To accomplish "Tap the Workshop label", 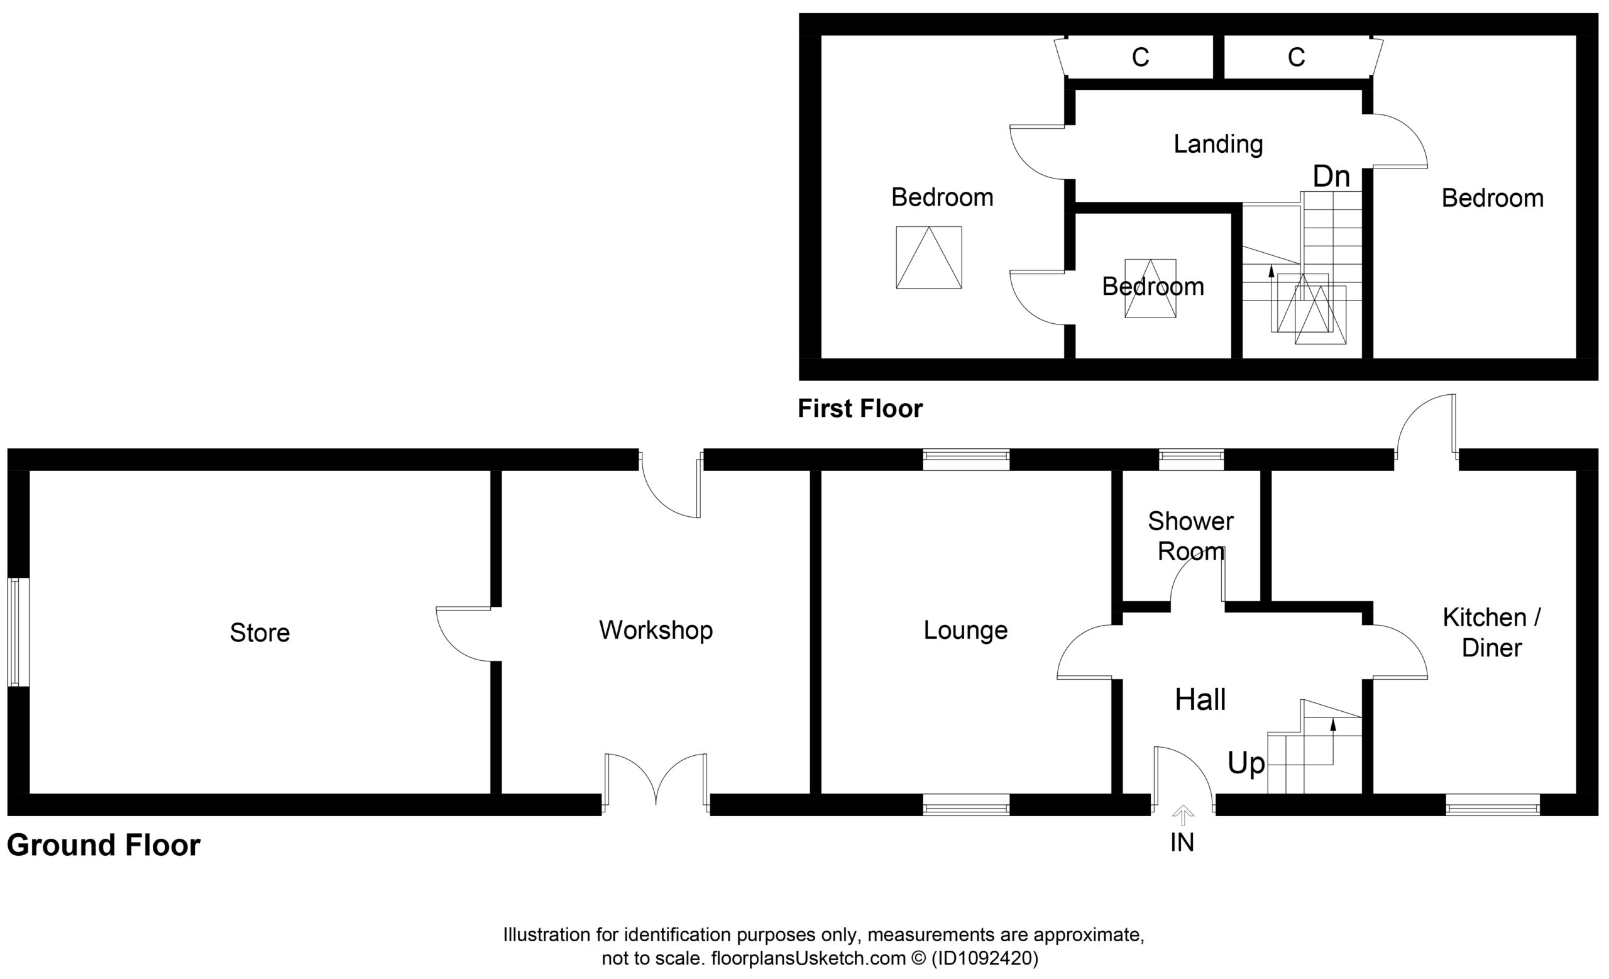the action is [x=656, y=630].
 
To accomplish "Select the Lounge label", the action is [x=965, y=630].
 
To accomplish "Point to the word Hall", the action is [x=1200, y=700].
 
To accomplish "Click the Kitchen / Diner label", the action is [x=1491, y=632].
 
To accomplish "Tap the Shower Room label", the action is [x=1190, y=536].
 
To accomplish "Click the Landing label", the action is [x=1218, y=145].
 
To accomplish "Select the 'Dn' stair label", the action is [x=1331, y=176].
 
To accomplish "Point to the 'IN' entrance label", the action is [x=1182, y=843].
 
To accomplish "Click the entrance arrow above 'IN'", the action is [x=1183, y=816].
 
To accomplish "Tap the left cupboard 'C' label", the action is [x=1140, y=57].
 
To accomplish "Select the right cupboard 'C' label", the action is [x=1296, y=57].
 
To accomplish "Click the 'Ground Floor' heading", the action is [x=104, y=845].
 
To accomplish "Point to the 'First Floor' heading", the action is [x=860, y=409].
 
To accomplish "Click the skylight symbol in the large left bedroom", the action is [x=928, y=257].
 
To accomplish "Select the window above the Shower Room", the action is [x=1191, y=460].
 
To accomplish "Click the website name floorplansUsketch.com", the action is [x=808, y=958].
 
